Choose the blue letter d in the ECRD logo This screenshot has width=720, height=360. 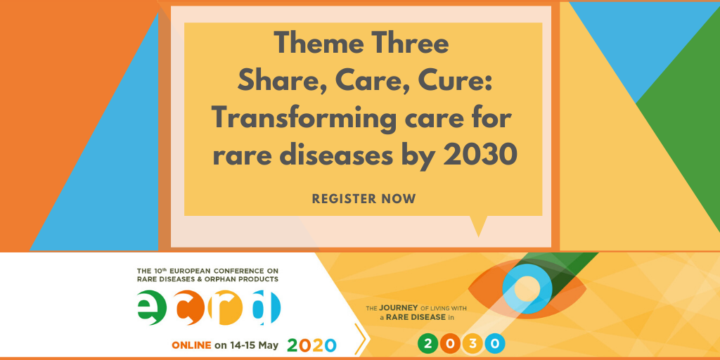266,307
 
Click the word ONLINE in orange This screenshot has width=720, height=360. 191,345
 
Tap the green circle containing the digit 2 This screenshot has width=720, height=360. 428,343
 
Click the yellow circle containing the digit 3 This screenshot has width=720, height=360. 472,343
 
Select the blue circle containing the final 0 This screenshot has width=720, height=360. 494,343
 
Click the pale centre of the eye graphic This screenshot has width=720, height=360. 527,289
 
